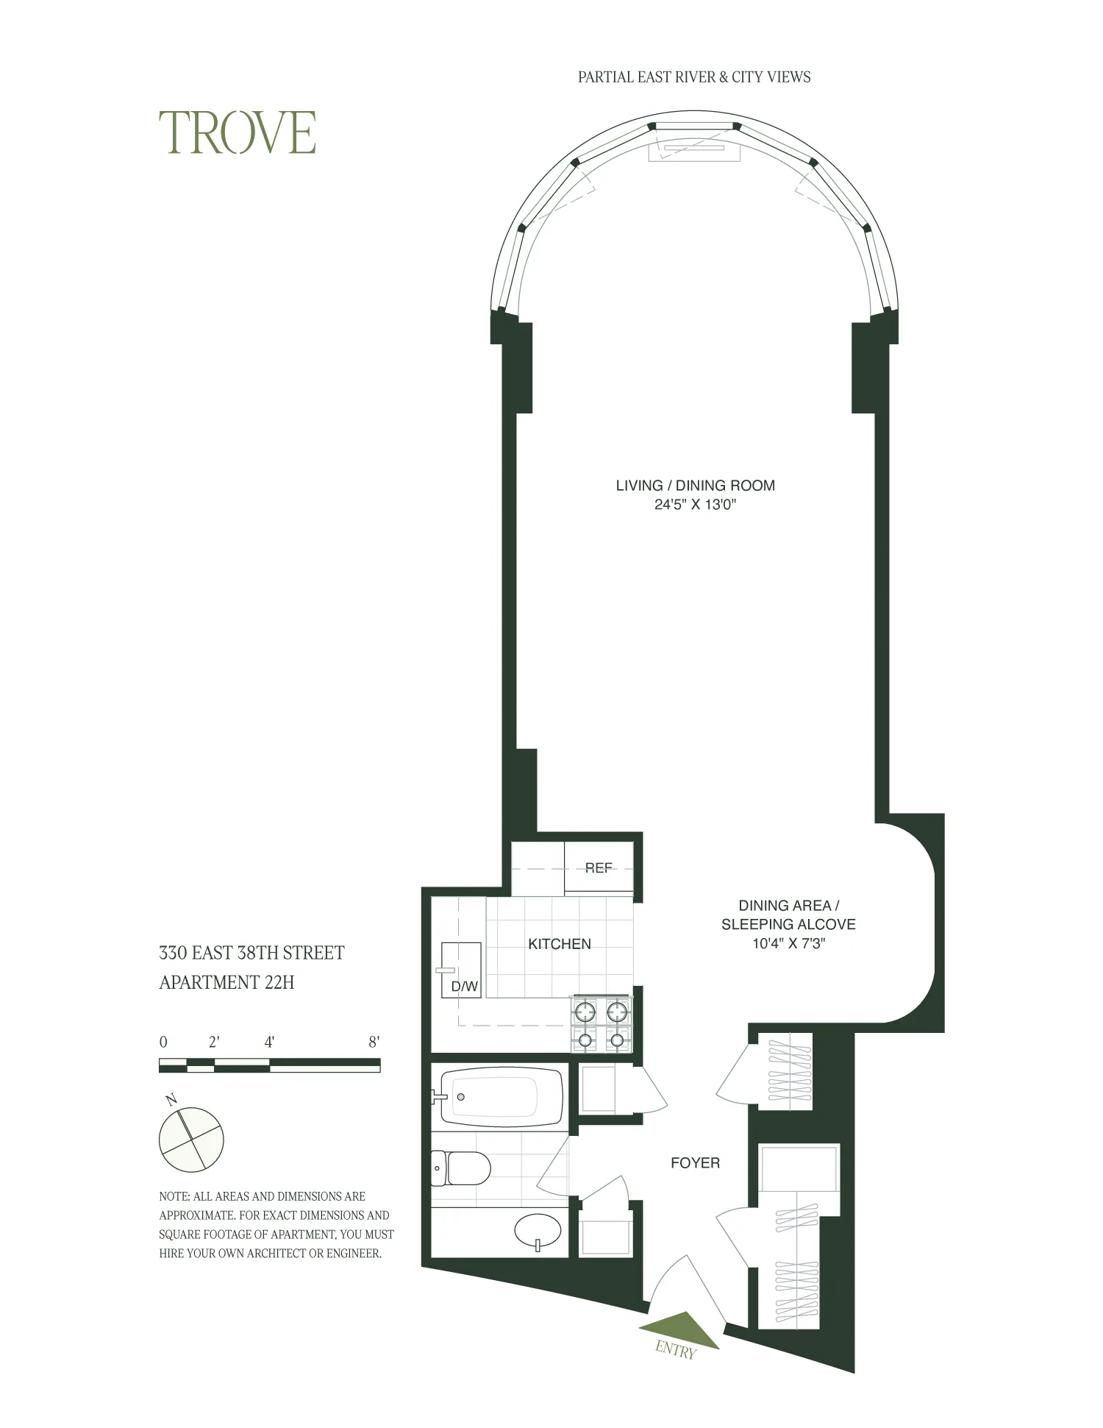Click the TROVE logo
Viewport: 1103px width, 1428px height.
click(238, 133)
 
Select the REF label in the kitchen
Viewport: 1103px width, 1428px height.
click(599, 868)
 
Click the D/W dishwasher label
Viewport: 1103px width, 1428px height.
click(464, 987)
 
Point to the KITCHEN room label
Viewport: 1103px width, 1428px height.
click(559, 944)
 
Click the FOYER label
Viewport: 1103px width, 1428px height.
click(695, 1163)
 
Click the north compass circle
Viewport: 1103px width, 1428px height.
click(191, 1139)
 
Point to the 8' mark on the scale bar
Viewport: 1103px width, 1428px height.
click(374, 1042)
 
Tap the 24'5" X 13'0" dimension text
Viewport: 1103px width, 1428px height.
click(695, 505)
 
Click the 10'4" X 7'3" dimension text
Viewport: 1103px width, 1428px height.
click(788, 943)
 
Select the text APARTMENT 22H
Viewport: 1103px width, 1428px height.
click(226, 983)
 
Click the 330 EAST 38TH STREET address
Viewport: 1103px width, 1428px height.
click(251, 953)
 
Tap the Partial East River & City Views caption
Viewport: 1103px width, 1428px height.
click(693, 77)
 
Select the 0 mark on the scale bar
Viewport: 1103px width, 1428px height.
click(163, 1042)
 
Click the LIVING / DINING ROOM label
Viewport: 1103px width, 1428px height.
click(695, 486)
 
